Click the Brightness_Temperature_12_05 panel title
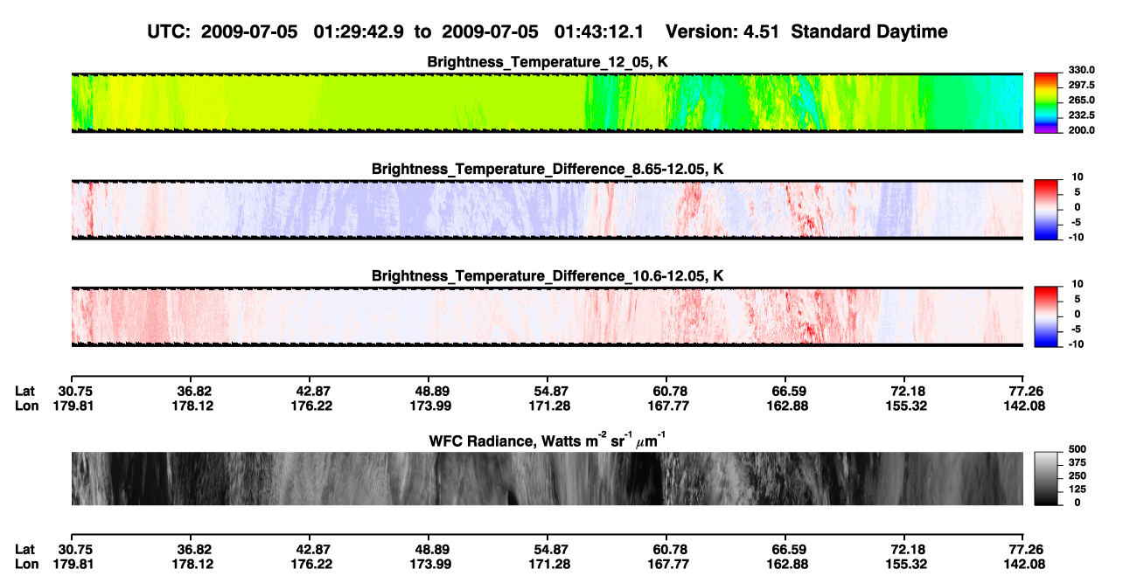click(548, 62)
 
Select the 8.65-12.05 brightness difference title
click(548, 169)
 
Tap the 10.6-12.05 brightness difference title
click(548, 276)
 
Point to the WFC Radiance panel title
click(548, 441)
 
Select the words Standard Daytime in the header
click(869, 31)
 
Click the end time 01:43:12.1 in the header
click(599, 31)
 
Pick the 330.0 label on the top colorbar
click(1081, 70)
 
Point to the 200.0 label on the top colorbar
click(1081, 130)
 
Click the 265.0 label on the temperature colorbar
click(1081, 100)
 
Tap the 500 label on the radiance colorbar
click(1078, 449)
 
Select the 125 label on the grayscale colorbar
click(1078, 489)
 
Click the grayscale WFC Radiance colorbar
click(1046, 478)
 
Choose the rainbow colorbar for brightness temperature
click(1046, 103)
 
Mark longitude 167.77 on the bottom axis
click(668, 565)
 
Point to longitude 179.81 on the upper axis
click(73, 406)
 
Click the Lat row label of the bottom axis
click(24, 550)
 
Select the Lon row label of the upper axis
click(26, 406)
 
